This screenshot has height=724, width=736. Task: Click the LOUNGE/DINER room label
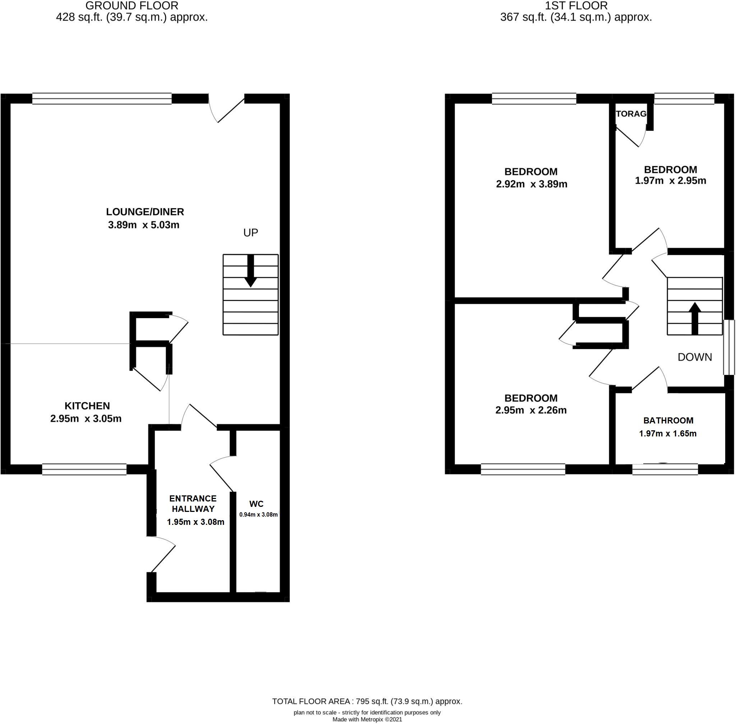click(x=145, y=212)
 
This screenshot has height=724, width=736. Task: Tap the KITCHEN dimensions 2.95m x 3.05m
click(x=86, y=419)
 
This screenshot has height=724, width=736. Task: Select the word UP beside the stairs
click(x=250, y=233)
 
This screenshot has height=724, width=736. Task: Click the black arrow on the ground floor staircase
click(x=250, y=271)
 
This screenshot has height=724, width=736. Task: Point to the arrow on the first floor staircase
click(x=695, y=318)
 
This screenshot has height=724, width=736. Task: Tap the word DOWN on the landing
click(x=695, y=357)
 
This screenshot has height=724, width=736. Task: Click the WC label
click(x=256, y=504)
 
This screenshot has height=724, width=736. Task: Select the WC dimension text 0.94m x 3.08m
click(x=258, y=514)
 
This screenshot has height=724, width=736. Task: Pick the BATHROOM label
click(x=668, y=420)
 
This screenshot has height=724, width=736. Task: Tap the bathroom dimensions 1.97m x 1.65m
click(x=668, y=434)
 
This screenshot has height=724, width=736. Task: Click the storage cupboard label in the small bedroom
click(x=631, y=114)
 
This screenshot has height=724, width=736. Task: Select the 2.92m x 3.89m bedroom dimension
click(x=532, y=184)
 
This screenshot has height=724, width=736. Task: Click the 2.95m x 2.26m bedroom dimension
click(x=531, y=410)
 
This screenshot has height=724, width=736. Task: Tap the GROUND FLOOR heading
click(x=132, y=6)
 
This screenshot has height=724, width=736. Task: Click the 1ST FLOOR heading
click(x=576, y=6)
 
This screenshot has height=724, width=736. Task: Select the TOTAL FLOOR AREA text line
click(x=367, y=702)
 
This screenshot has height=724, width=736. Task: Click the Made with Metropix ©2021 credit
click(x=367, y=719)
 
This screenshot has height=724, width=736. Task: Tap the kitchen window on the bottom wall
click(x=84, y=469)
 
